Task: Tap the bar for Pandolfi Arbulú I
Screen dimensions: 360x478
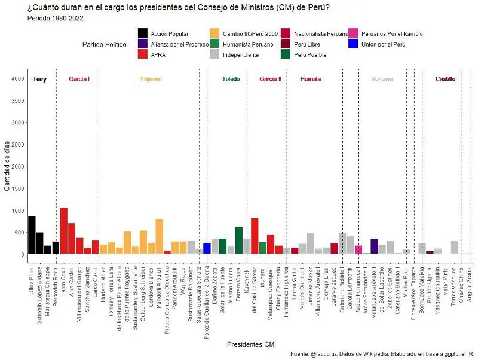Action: (x=160, y=237)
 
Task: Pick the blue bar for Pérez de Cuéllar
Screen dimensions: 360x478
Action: (x=207, y=248)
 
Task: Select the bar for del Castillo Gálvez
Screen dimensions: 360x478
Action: (x=255, y=236)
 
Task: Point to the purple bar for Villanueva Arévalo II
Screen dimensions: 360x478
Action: (x=375, y=246)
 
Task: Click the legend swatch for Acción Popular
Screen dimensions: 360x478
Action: (x=143, y=33)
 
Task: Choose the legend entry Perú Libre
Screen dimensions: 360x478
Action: (x=308, y=44)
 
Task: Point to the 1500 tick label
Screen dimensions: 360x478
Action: (x=17, y=188)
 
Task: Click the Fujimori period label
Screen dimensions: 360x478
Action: (x=151, y=79)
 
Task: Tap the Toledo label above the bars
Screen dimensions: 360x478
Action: (x=231, y=79)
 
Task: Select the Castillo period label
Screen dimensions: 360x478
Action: (x=445, y=79)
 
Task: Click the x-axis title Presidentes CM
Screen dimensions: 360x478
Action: (x=250, y=344)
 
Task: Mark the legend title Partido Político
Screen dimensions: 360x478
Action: (x=105, y=44)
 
